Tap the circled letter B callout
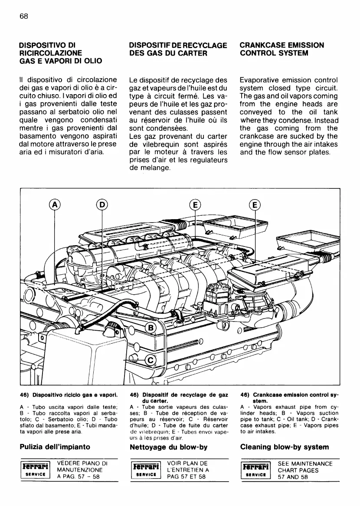tap(151, 327)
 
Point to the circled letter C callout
tap(151, 360)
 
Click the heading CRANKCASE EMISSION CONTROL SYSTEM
tap(281, 49)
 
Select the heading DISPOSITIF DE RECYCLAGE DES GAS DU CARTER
tap(178, 49)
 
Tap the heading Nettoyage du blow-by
tap(169, 447)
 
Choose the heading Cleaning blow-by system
tap(284, 447)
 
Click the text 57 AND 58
tap(293, 477)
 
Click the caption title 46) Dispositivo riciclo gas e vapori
tap(69, 395)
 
